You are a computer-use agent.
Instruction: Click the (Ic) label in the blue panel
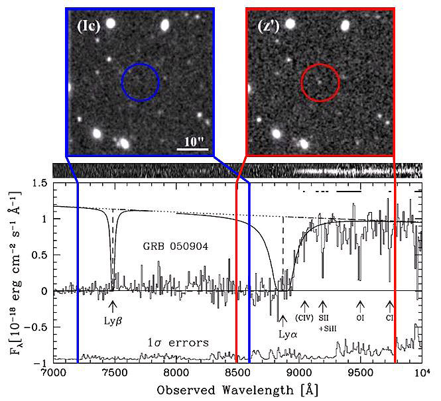point(89,28)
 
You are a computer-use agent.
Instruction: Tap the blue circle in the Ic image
point(140,82)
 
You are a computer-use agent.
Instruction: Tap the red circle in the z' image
point(320,82)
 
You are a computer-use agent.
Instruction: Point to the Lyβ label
point(112,319)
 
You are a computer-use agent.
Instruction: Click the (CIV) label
point(305,317)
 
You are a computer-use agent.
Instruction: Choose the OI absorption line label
point(361,317)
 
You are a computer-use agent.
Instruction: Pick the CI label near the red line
point(390,317)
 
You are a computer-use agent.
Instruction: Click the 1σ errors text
point(180,343)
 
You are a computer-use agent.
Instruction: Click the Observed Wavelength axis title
point(237,388)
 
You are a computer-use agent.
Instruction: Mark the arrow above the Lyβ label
point(112,306)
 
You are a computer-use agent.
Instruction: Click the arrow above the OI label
point(360,306)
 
